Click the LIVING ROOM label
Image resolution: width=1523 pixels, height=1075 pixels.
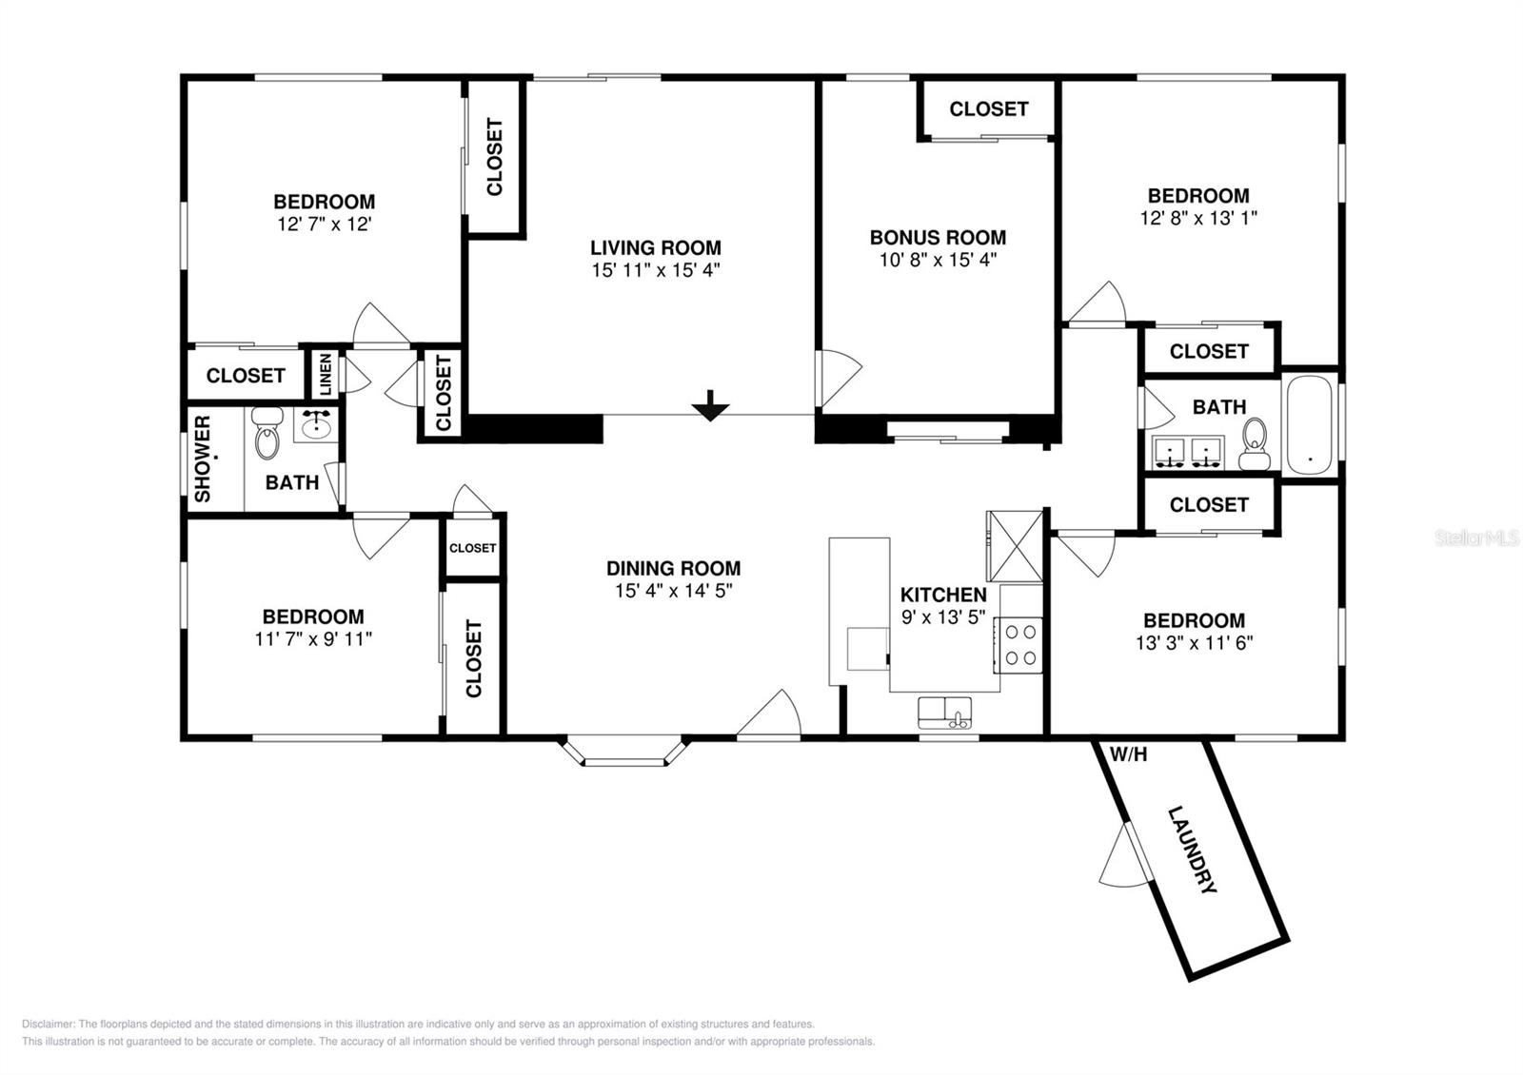[x=656, y=247]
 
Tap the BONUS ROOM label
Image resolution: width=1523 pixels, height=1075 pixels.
[x=938, y=237]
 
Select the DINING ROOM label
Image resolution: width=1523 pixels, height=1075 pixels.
[x=673, y=568]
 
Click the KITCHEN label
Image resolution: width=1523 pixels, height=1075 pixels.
[x=943, y=595]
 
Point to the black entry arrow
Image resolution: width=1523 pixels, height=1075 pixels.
[x=710, y=405]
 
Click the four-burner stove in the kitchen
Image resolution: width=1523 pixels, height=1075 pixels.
[x=1018, y=645]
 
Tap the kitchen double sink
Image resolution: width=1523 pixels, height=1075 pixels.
[x=945, y=713]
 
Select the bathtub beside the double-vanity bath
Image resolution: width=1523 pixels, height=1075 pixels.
[x=1310, y=424]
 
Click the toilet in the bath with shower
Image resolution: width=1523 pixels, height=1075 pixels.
[x=267, y=433]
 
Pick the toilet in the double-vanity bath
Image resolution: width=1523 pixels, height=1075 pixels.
[x=1255, y=443]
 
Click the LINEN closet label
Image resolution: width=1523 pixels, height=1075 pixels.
[x=325, y=374]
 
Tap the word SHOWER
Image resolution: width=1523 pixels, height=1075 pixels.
[x=203, y=459]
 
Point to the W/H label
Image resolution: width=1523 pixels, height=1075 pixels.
[x=1129, y=753]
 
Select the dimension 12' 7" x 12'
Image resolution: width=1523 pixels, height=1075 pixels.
[x=324, y=225]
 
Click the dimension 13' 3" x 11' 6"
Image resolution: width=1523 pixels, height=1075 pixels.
[x=1194, y=643]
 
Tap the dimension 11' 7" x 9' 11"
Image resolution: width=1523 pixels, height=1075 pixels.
[x=313, y=638]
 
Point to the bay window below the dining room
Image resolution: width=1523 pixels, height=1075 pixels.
[x=624, y=752]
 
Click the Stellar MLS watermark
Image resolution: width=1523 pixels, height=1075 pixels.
[x=1476, y=538]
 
